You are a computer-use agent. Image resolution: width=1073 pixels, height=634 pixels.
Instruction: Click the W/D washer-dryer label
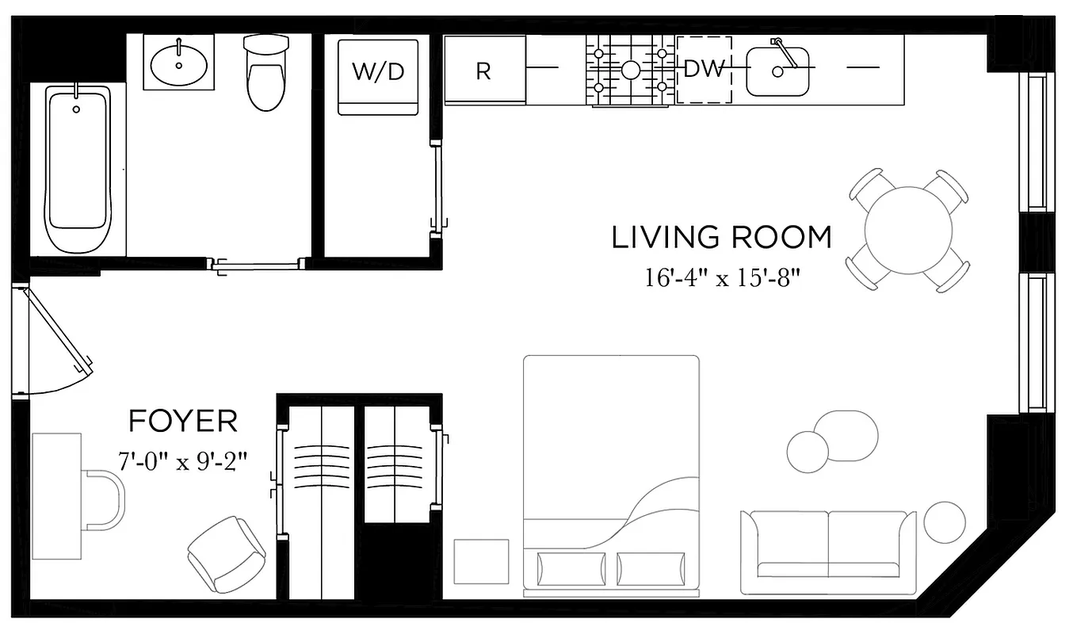click(378, 71)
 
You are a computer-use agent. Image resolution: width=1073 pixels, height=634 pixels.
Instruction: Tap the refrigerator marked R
click(483, 71)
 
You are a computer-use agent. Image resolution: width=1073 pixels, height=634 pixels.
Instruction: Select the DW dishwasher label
click(704, 70)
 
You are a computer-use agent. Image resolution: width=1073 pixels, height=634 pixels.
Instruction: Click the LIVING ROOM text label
click(721, 237)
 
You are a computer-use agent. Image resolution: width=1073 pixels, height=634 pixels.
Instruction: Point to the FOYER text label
click(182, 421)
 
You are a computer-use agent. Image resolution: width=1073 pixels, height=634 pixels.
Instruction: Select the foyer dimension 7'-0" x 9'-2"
click(182, 461)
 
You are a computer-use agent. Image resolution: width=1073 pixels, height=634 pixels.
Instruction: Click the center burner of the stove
click(631, 71)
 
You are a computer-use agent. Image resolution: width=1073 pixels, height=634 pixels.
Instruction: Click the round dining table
click(908, 231)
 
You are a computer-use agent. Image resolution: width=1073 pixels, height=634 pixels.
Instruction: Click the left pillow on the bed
click(571, 568)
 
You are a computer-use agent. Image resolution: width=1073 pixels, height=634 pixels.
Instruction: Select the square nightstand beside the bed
click(481, 561)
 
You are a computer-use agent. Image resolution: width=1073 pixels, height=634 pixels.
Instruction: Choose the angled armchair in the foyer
click(227, 553)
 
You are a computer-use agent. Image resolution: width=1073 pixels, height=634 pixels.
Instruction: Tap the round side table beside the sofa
click(945, 523)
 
